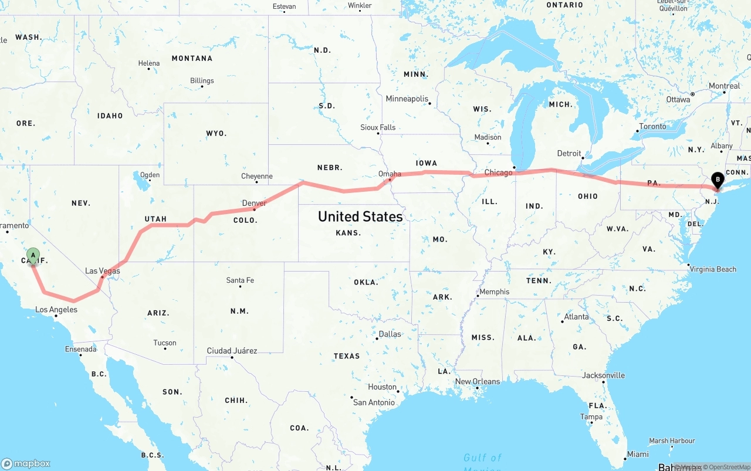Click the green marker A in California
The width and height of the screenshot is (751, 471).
coord(33,256)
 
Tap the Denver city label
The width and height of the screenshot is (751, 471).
coord(254,203)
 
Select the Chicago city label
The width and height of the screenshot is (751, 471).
coord(498,172)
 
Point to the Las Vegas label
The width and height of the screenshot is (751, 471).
coord(103,270)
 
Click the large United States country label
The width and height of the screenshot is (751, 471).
coord(360,216)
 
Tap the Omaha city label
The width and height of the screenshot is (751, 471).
coord(390,174)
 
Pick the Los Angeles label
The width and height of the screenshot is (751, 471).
coord(56,310)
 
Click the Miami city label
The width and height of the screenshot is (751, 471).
coord(638,454)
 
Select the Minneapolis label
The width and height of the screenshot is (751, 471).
coord(407,99)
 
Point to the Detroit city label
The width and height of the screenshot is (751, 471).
coord(569,153)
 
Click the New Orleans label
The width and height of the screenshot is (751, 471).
coord(478,381)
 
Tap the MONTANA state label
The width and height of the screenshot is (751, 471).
coord(192,58)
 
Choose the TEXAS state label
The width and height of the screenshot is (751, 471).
coord(347,356)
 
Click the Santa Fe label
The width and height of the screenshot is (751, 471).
coord(240,280)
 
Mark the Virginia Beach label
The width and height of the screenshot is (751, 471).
coord(713,269)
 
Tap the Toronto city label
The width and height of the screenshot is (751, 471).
coord(652,126)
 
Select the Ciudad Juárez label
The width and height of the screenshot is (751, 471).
coord(232,351)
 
